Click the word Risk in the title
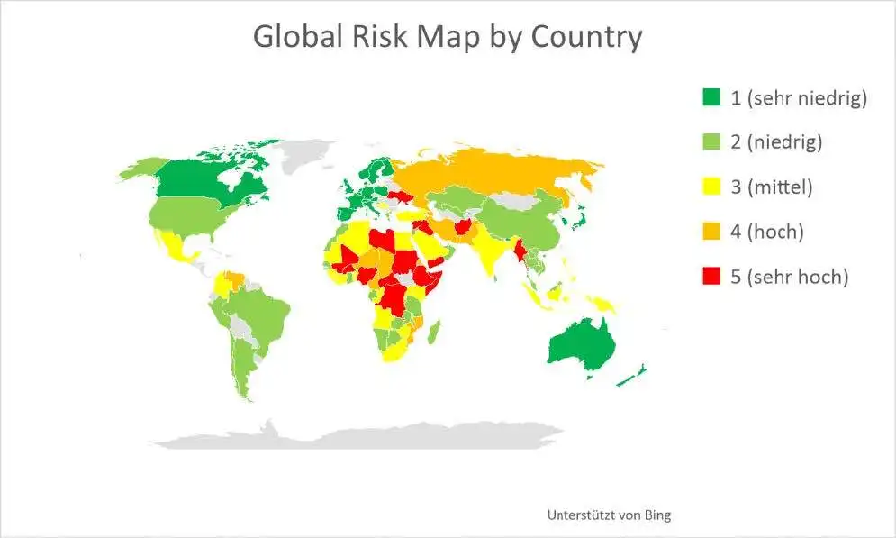point(379,38)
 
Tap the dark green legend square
point(711,97)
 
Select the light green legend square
point(711,142)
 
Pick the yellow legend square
point(711,187)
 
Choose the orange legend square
point(711,233)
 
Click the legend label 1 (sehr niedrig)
point(798,97)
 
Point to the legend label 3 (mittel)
point(772,187)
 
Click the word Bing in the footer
point(656,515)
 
